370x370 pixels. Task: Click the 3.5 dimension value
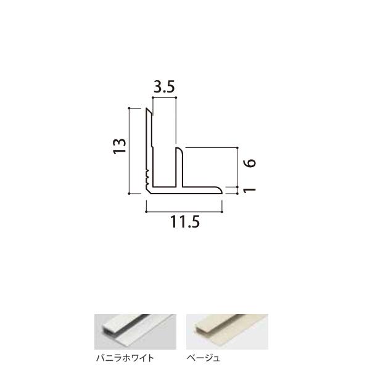pos(164,87)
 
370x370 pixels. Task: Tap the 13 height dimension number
pos(120,146)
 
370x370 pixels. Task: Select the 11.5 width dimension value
pos(185,222)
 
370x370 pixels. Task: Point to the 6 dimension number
pos(250,163)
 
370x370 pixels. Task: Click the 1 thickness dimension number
pos(250,189)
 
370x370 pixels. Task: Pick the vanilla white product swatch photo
pos(135,332)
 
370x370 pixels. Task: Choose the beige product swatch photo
pos(227,332)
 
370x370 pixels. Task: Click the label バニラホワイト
pos(125,358)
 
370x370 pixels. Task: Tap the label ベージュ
pos(203,358)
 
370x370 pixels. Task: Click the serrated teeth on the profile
pos(148,177)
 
